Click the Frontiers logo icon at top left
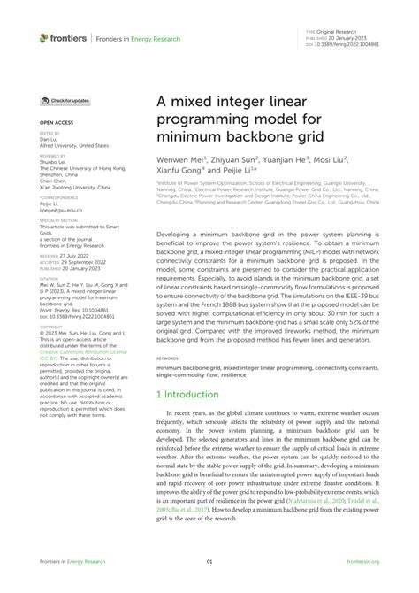(x=44, y=38)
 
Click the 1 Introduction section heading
(x=195, y=392)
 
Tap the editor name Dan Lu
(x=48, y=139)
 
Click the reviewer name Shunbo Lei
(x=54, y=161)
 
